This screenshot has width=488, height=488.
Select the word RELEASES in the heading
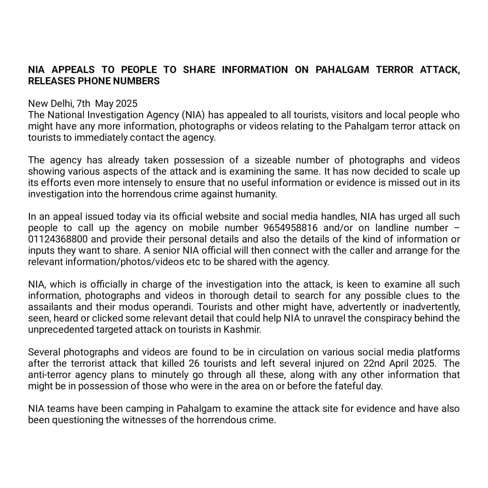(x=49, y=81)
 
